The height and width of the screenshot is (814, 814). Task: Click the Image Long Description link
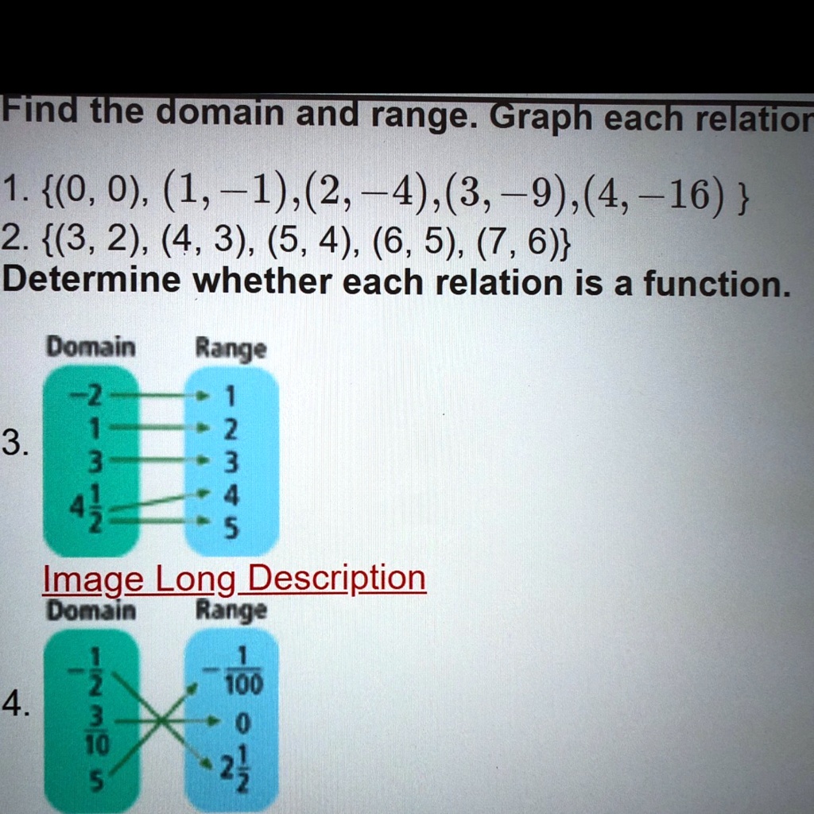[235, 579]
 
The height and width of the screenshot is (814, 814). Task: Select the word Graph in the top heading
[541, 118]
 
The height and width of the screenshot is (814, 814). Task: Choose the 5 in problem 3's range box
[231, 529]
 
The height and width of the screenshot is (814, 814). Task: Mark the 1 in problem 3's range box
[231, 397]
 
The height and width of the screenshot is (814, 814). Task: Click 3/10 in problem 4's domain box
[97, 731]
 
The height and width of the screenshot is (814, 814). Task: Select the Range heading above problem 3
[231, 349]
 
